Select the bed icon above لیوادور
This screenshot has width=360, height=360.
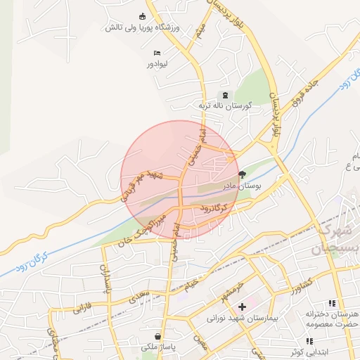click(157, 53)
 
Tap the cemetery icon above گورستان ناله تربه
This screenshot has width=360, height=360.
click(225, 95)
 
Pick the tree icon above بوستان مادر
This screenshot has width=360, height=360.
click(243, 174)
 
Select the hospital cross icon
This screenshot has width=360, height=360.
click(242, 307)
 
